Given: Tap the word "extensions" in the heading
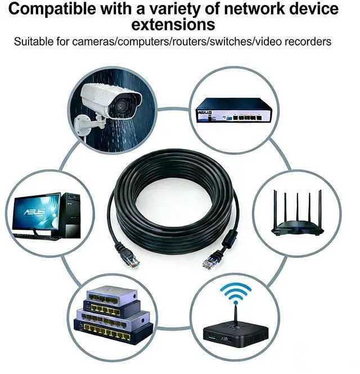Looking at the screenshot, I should (x=173, y=24).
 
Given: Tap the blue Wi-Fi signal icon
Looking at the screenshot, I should (x=235, y=293).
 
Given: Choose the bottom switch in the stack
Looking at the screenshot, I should (x=112, y=332).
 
